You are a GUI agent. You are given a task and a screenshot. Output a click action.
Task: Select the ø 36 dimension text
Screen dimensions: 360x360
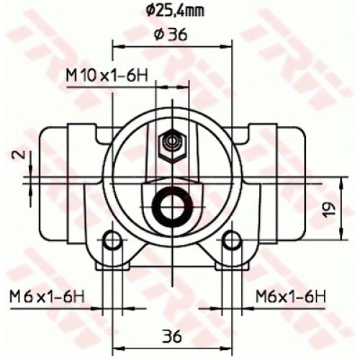coord(171,35)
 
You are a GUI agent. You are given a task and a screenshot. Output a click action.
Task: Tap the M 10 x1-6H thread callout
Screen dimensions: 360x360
coord(107,76)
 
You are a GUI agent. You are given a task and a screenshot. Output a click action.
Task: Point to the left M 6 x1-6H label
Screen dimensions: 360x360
coord(47,297)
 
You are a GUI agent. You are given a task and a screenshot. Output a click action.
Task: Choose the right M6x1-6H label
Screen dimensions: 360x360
coord(291,297)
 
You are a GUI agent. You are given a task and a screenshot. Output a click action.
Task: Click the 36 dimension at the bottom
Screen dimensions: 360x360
coord(172,336)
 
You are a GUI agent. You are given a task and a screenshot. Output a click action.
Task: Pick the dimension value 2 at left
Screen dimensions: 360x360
coord(22,155)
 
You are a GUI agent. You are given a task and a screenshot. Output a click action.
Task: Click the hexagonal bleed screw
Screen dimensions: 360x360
coord(172,145)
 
